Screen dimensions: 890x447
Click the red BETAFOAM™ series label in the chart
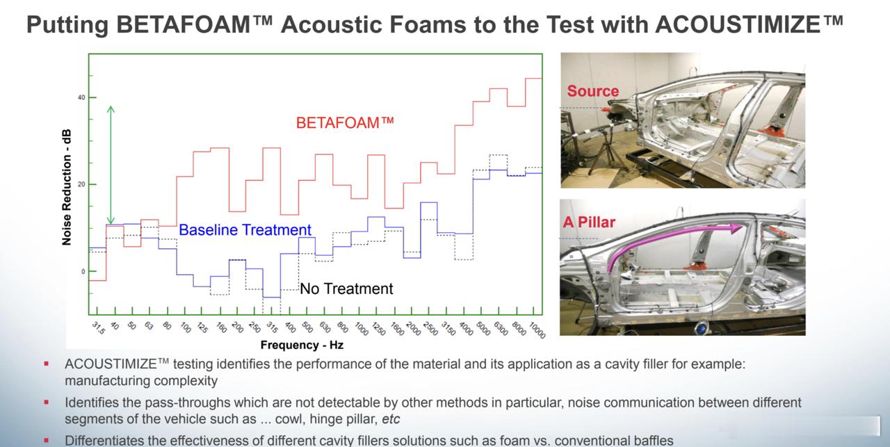(345, 123)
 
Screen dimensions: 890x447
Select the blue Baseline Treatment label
(245, 229)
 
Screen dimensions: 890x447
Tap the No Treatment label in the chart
(346, 288)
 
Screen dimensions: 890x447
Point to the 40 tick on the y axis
(81, 98)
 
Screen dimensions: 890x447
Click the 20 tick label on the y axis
(81, 184)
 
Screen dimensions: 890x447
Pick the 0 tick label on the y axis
(83, 271)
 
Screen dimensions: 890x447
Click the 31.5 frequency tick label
(98, 328)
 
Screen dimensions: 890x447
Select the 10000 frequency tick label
(537, 330)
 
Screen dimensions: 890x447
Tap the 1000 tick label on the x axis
(362, 329)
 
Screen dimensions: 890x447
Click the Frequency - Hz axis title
(302, 345)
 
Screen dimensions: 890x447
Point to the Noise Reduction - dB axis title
(66, 187)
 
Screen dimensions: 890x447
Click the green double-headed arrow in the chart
(111, 165)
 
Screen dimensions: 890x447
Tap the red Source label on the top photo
(593, 91)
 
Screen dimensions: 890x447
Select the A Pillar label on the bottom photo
(589, 222)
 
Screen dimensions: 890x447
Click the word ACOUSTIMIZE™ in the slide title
(749, 24)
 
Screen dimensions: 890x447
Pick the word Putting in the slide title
(67, 24)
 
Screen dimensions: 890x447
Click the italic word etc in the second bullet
(391, 419)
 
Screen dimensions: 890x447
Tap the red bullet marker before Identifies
(47, 403)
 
